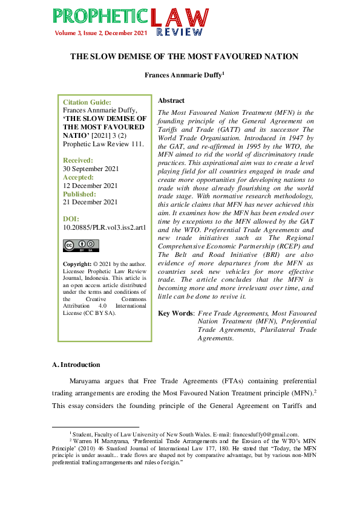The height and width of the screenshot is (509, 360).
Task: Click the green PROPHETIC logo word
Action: [100, 17]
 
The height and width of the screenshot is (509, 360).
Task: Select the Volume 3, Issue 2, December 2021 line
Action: [102, 32]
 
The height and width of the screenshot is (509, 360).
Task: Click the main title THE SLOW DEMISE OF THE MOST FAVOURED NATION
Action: [185, 57]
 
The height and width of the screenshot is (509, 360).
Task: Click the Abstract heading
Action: [171, 100]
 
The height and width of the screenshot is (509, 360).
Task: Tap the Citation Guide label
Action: [87, 103]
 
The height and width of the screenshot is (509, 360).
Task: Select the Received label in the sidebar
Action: [78, 160]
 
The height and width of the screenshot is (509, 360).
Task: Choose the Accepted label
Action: [78, 177]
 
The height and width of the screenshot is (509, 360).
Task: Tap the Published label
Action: [79, 194]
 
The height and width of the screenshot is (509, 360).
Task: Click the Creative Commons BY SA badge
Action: [81, 245]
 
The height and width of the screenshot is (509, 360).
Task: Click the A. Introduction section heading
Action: [76, 365]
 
